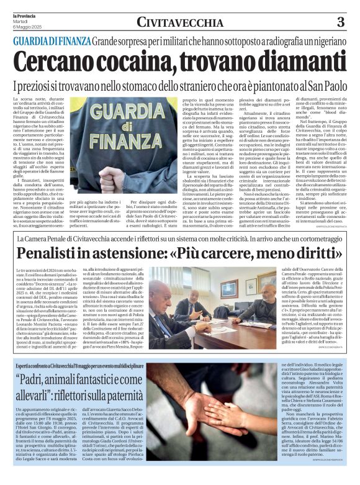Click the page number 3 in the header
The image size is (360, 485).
click(x=341, y=22)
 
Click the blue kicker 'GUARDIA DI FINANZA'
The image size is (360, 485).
click(x=52, y=41)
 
